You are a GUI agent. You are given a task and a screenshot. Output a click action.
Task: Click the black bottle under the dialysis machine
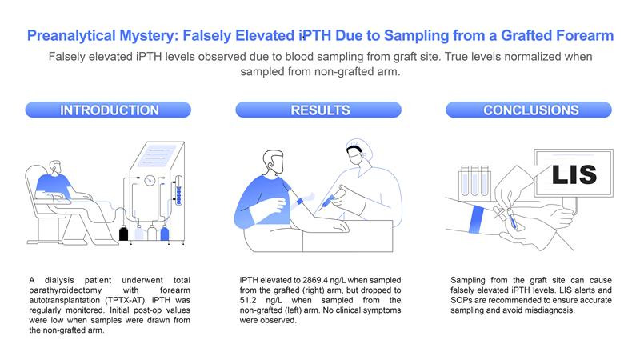click(x=123, y=234)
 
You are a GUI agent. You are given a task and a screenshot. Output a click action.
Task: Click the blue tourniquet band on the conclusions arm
click(x=480, y=218)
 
